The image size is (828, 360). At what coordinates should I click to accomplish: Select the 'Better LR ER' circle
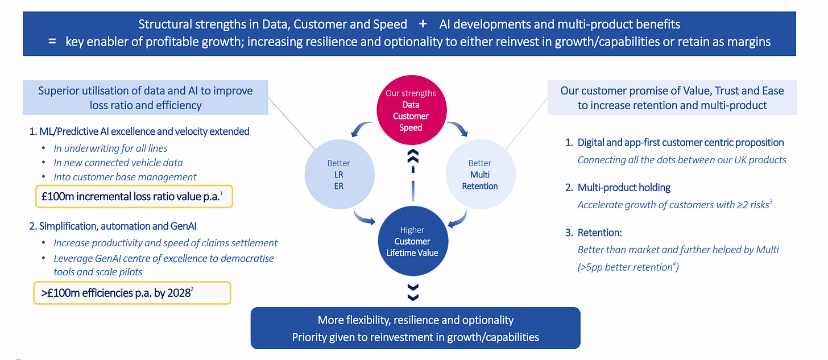[x=339, y=175]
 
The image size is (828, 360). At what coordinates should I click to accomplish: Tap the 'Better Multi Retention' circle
[x=480, y=175]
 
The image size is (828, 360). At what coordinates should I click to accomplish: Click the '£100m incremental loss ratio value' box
[x=134, y=197]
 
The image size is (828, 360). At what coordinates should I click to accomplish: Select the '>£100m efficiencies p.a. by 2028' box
[x=132, y=293]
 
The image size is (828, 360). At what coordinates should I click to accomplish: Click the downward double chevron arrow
[x=413, y=292]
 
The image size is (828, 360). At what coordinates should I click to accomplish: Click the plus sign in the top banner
[x=423, y=24]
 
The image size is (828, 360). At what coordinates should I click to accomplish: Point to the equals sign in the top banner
[x=52, y=42]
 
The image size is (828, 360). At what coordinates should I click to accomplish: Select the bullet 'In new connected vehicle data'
[x=118, y=162]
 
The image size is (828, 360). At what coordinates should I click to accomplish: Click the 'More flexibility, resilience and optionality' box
[x=415, y=328]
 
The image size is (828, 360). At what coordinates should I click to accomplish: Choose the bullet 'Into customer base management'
[x=125, y=177]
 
